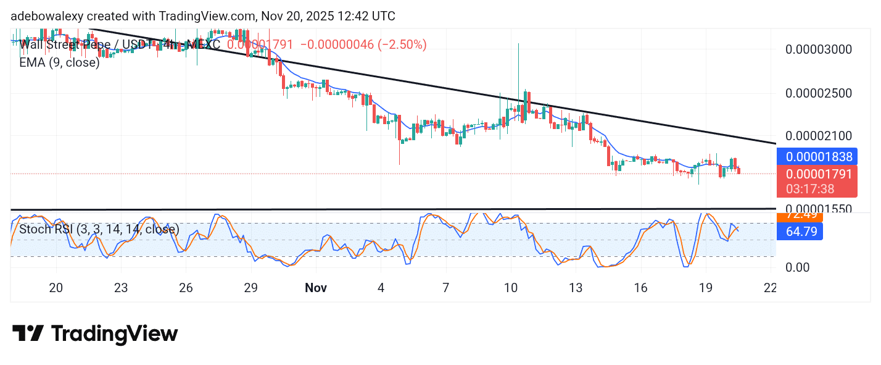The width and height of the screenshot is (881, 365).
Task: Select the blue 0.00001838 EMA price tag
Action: [817, 157]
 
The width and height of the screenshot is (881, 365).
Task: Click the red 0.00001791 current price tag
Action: [817, 174]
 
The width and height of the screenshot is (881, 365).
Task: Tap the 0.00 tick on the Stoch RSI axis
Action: [798, 267]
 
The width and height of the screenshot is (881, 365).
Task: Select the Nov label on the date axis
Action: [315, 288]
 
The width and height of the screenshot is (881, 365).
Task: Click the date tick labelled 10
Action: [510, 288]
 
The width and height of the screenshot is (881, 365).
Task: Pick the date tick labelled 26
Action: [186, 288]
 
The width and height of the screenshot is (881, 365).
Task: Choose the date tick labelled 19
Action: [705, 288]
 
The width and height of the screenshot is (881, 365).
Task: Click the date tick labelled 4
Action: [381, 288]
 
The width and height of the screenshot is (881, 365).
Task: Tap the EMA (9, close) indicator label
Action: [59, 62]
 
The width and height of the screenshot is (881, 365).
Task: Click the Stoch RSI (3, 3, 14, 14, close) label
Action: [99, 229]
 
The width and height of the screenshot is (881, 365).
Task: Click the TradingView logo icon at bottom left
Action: [28, 334]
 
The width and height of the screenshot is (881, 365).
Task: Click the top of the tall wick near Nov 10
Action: [518, 44]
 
